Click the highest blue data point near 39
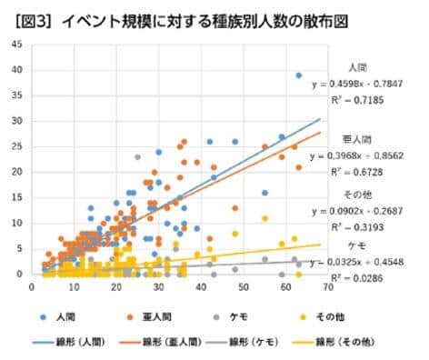click(299, 75)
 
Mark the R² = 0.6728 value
click(365, 171)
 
